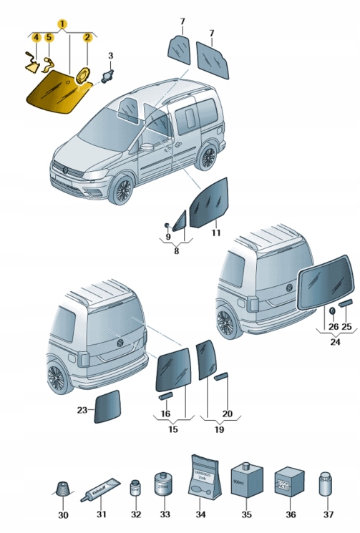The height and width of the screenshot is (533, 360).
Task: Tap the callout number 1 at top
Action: point(63,23)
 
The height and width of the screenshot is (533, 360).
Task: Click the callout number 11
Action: point(215,233)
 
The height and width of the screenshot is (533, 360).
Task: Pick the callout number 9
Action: point(167,236)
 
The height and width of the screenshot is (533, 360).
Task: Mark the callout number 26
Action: point(333,326)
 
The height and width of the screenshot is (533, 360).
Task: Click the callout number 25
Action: point(347,326)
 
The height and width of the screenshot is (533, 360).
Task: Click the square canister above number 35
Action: point(247,481)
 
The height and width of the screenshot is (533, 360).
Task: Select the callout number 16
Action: point(165,414)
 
